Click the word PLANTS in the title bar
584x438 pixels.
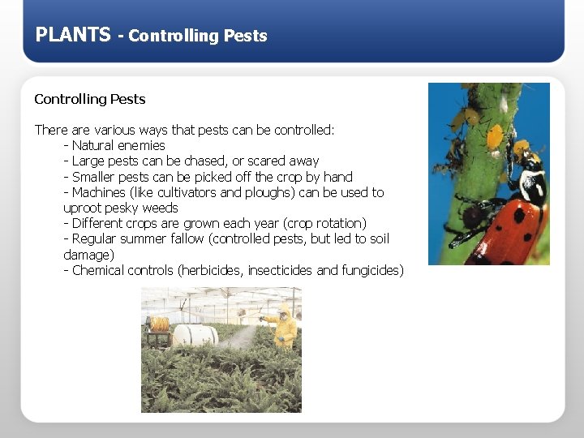coord(73,35)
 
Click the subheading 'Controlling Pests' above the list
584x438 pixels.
coord(89,99)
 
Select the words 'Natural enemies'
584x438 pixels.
coord(118,146)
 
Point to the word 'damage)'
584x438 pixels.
coord(88,255)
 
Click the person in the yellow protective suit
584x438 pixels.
coord(284,328)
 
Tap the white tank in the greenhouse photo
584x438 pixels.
coord(195,334)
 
